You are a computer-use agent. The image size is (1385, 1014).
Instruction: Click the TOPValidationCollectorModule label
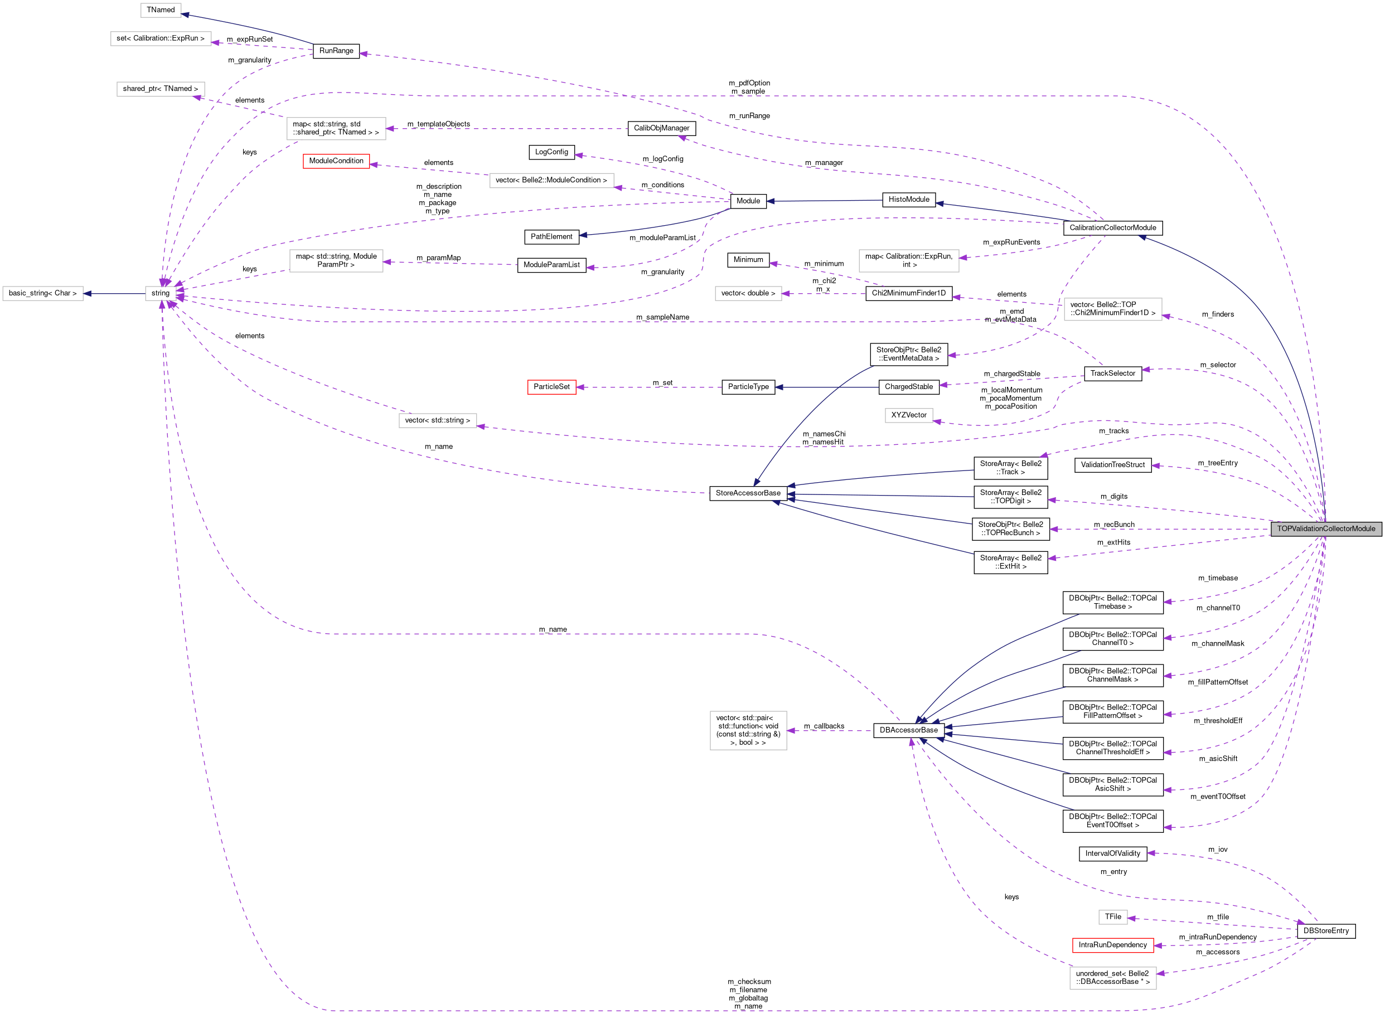(x=1326, y=528)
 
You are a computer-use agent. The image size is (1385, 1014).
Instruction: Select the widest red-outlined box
(x=1112, y=945)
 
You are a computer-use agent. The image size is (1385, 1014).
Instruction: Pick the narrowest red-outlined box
(x=551, y=387)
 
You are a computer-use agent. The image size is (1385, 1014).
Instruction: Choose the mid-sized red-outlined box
(x=336, y=161)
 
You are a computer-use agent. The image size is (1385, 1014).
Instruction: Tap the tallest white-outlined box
(x=748, y=730)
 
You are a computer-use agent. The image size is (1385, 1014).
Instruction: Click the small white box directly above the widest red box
(x=1112, y=917)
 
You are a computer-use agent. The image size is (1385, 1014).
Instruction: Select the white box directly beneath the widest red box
(x=1112, y=978)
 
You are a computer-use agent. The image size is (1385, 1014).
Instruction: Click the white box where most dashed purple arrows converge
(x=160, y=293)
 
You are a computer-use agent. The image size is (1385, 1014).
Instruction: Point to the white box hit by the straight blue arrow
(x=43, y=293)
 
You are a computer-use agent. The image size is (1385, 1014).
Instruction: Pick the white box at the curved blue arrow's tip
(x=161, y=11)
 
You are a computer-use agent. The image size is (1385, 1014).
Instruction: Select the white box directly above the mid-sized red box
(x=336, y=128)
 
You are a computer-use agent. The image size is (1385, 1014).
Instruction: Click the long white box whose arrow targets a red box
(x=551, y=181)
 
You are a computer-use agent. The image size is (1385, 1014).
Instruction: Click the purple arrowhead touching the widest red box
(x=1158, y=945)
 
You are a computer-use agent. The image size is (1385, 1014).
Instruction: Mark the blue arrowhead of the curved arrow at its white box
(x=185, y=14)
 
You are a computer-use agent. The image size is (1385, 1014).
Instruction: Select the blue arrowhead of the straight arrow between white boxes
(x=87, y=293)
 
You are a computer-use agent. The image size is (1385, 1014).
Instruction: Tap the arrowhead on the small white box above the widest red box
(x=1131, y=918)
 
